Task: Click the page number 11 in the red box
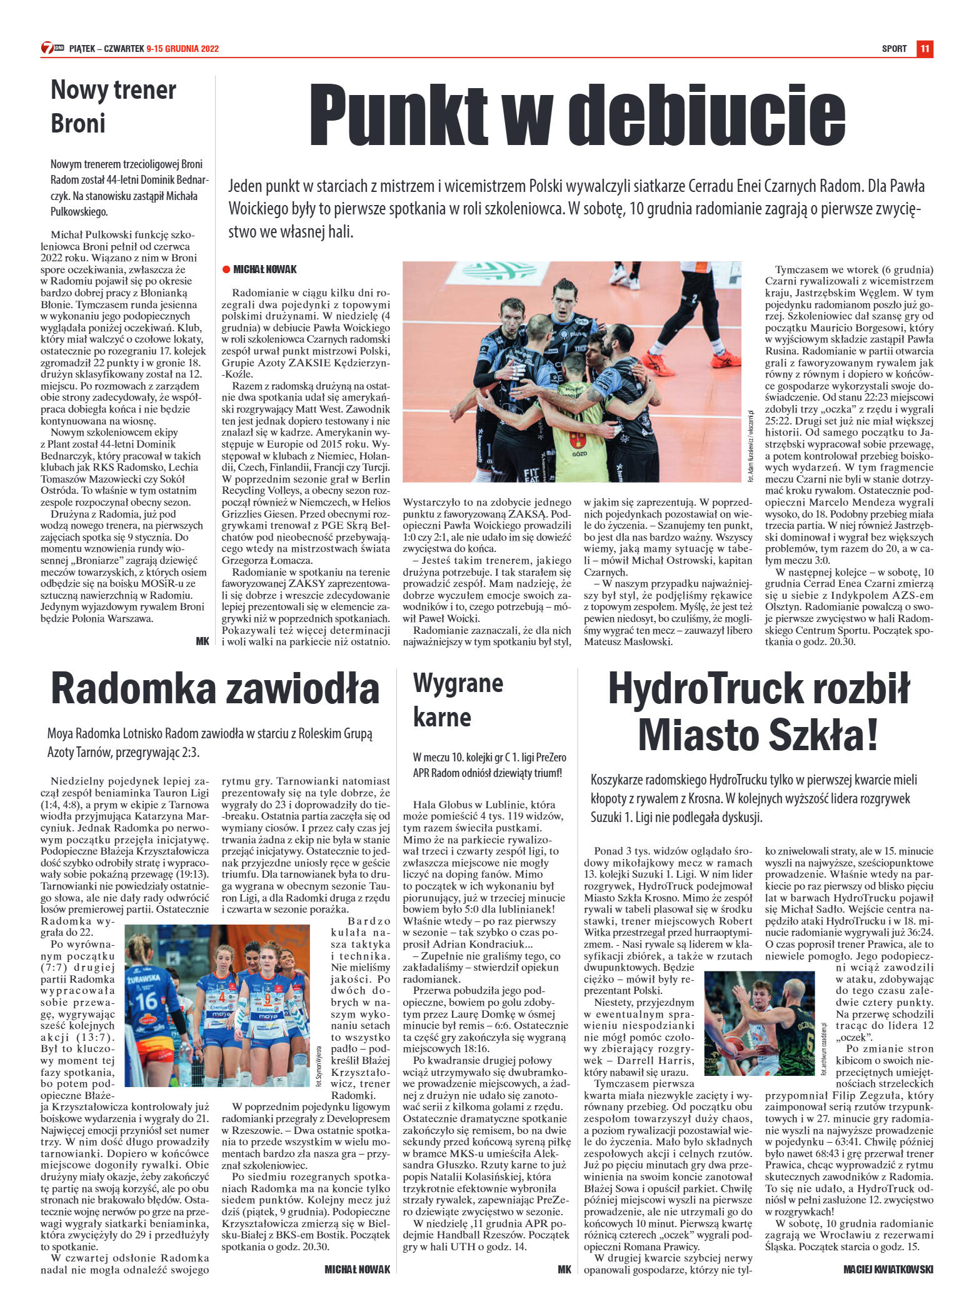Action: pos(925,49)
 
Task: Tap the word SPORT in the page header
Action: pos(894,49)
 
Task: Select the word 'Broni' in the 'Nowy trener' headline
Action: pos(78,123)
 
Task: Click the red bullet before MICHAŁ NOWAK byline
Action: pos(226,269)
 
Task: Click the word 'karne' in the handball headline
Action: pos(442,717)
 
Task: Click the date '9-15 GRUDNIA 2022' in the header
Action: pos(183,49)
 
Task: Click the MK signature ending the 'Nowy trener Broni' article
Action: pos(202,641)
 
